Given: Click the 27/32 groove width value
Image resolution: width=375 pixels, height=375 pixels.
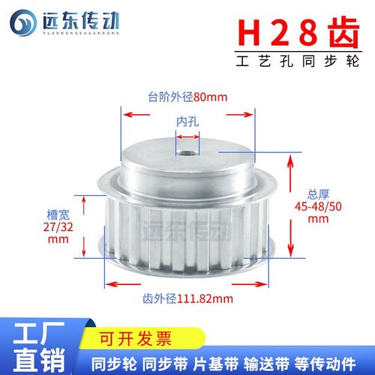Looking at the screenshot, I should pyautogui.click(x=58, y=228).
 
